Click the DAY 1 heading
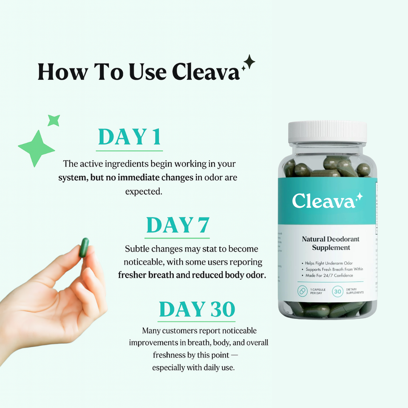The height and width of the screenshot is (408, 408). tap(130, 137)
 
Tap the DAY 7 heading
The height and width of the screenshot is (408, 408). tap(178, 225)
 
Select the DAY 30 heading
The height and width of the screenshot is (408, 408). tap(197, 309)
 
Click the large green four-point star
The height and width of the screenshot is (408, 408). tap(37, 148)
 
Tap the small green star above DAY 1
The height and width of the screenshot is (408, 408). tap(54, 121)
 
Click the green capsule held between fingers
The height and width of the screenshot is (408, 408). tap(84, 247)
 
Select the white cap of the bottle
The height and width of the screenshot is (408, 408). tap(327, 132)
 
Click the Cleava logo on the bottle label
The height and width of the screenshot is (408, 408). tap(324, 201)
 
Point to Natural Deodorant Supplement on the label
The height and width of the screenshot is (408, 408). tap(331, 243)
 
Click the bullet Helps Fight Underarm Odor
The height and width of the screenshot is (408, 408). tap(329, 263)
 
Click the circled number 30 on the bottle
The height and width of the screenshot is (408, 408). tap(338, 291)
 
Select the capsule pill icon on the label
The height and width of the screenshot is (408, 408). tap(303, 291)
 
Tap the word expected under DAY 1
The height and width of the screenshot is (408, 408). tap(144, 192)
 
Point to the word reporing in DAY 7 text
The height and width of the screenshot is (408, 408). tap(246, 262)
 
